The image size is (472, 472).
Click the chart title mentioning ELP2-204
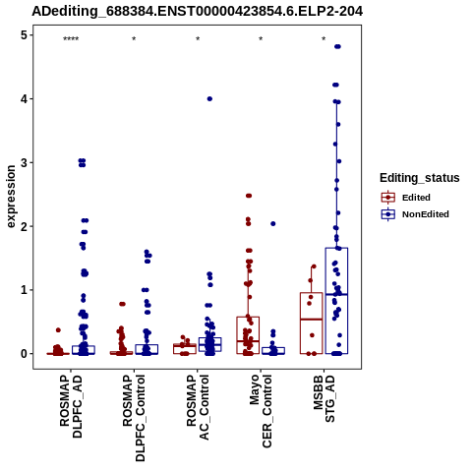197,12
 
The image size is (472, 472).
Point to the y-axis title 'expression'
11,197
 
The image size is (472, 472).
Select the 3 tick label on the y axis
24,162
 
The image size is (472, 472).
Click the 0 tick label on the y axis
24,354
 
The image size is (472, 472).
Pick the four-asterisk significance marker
71,39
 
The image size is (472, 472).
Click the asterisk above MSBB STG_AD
324,39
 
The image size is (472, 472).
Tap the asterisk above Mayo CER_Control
261,39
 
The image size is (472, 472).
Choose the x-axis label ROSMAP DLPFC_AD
71,406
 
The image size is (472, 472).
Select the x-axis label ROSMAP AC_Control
198,407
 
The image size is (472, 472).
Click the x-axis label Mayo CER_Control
261,411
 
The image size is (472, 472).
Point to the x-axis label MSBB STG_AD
324,399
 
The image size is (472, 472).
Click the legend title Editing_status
420,178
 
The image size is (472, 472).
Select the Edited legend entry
406,198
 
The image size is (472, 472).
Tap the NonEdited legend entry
415,214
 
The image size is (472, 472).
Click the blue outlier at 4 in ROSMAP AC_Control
209,99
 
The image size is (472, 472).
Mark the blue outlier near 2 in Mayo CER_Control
273,224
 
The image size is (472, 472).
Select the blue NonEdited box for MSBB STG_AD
336,301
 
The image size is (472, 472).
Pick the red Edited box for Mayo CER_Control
248,335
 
